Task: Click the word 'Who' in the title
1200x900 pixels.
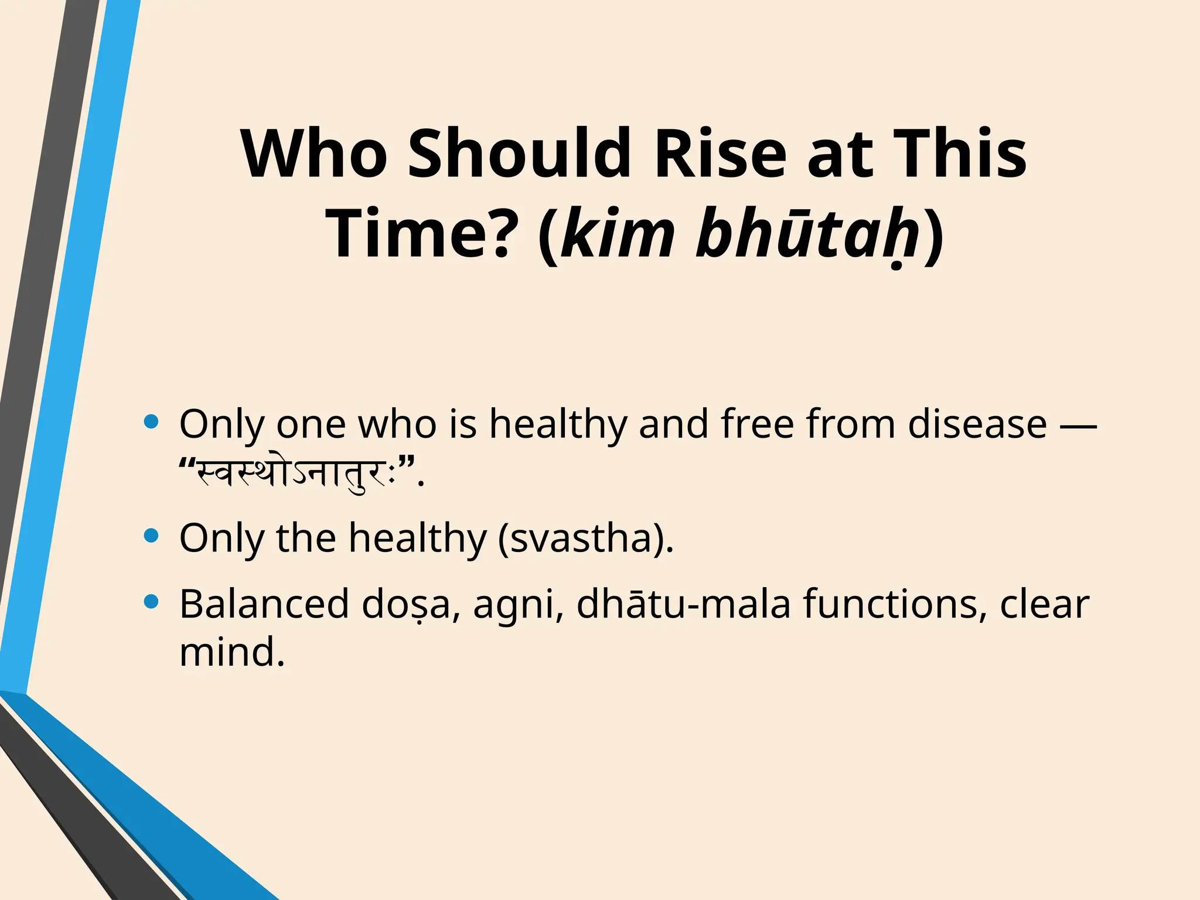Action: [313, 154]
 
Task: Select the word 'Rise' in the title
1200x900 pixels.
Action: [720, 154]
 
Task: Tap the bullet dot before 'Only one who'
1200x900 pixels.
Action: [151, 422]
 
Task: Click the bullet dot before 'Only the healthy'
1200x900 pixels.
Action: [151, 536]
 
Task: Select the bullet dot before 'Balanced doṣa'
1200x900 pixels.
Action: [151, 602]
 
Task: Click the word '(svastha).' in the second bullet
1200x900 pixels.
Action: [585, 538]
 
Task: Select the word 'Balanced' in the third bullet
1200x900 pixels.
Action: [264, 604]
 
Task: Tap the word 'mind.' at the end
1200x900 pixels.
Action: [232, 652]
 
